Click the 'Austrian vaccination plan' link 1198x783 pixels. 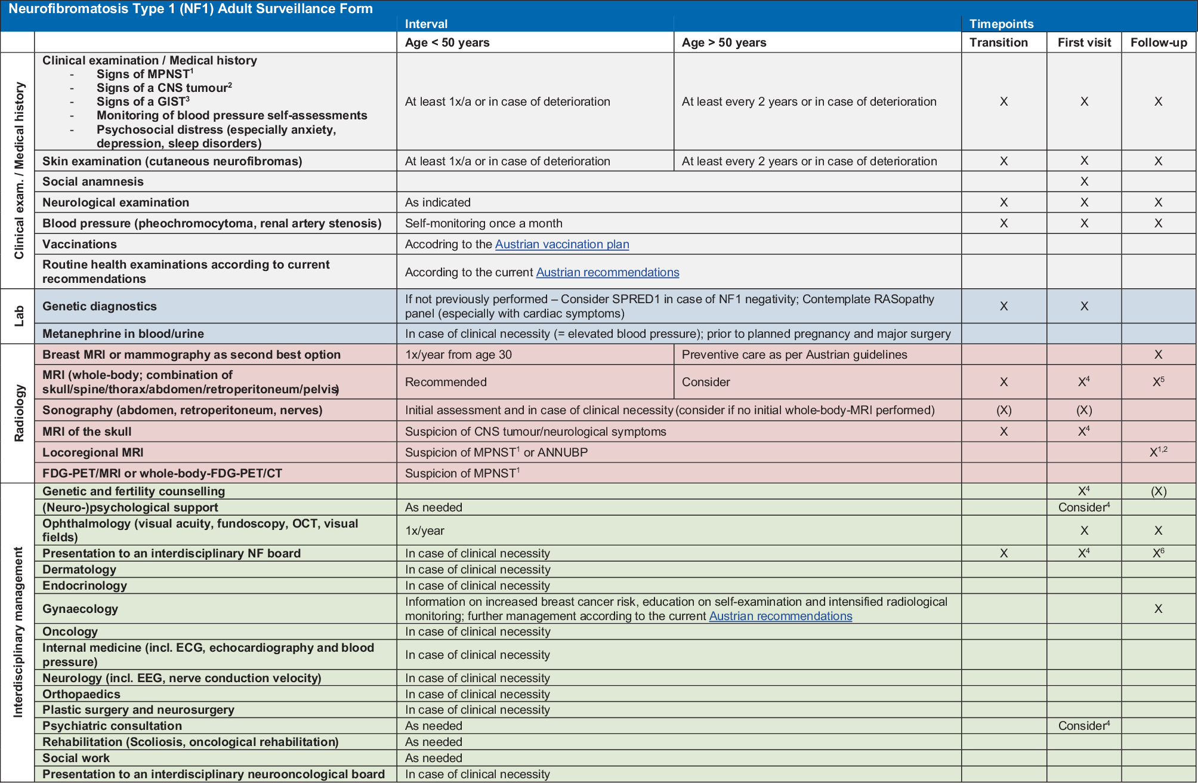[561, 244]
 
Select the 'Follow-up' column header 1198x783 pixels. [1158, 42]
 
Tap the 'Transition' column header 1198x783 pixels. [998, 42]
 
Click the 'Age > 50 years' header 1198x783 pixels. [724, 42]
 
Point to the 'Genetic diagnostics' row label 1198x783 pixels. [99, 306]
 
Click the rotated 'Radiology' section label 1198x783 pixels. [19, 413]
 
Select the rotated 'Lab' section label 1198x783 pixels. [19, 316]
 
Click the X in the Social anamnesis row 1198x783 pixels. [1084, 181]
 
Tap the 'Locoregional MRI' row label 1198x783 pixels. [92, 452]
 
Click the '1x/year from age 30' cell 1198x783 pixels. [458, 354]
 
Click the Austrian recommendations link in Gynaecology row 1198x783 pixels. [780, 616]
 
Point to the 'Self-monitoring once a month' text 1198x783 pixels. [483, 223]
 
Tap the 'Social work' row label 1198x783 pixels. [76, 758]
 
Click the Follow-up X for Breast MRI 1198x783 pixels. [1158, 354]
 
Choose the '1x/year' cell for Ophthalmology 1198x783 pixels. [424, 531]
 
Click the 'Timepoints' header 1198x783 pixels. [1001, 24]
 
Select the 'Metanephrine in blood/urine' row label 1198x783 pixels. [123, 334]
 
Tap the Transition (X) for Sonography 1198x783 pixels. [1004, 410]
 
